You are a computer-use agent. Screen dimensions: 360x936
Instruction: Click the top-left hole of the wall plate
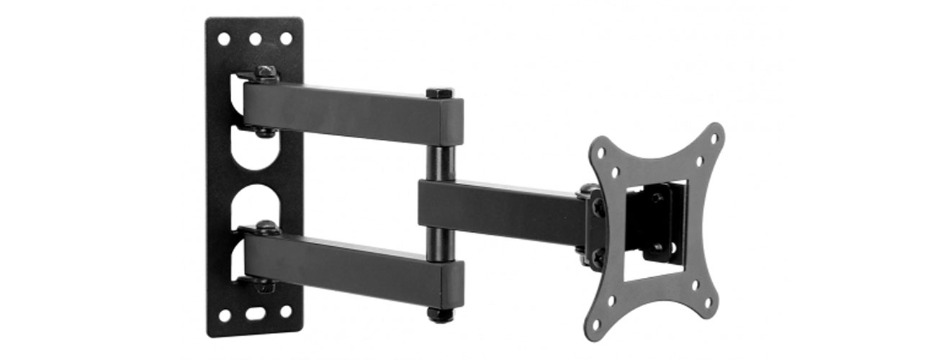224,38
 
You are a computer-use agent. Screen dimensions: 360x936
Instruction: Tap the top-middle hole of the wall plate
255,38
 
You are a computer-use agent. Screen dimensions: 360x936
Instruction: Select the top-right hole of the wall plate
286,38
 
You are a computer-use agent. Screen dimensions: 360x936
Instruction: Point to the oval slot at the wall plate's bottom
254,314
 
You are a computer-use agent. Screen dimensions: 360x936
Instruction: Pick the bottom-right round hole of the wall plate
286,312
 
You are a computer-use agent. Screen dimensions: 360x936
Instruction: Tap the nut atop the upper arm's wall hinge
266,71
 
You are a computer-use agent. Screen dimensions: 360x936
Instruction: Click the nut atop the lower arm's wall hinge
266,226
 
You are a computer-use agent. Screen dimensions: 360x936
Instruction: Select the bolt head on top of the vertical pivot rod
439,93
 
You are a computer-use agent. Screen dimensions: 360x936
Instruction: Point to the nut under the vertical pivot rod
440,315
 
